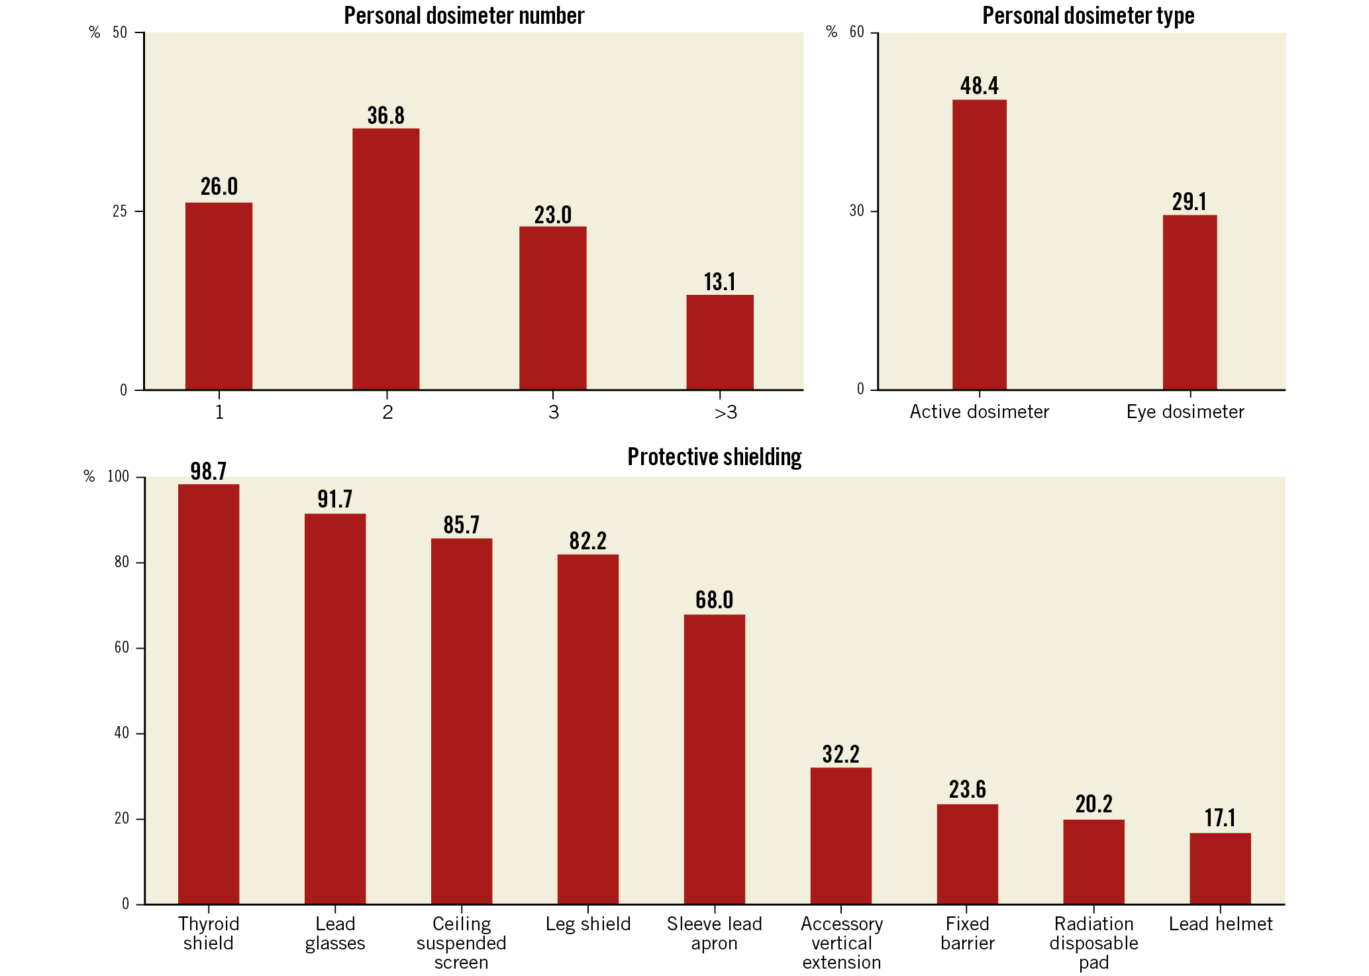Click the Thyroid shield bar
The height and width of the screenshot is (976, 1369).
point(209,694)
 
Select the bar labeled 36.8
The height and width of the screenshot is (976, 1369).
point(385,258)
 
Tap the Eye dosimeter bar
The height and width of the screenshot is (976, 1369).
point(1190,302)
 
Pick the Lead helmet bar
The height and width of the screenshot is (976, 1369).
point(1220,868)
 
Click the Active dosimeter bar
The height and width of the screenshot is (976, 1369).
point(979,244)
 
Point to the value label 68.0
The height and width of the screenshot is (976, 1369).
point(714,600)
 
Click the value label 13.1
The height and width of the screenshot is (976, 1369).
point(719,282)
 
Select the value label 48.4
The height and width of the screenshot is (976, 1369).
point(979,86)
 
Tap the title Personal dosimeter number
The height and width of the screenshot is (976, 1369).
point(464,16)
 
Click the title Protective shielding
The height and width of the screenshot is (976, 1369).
point(714,457)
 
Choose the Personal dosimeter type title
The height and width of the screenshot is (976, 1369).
point(1088,16)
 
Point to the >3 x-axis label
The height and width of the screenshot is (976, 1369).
point(725,413)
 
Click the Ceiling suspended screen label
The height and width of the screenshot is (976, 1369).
point(461,943)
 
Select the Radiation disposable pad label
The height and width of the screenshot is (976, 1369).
point(1093,943)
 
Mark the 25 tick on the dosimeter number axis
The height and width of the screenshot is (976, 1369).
point(120,211)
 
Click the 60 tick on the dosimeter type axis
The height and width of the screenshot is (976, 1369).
point(856,32)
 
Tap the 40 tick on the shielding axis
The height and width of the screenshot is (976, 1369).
point(122,733)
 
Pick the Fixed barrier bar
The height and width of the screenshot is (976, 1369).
point(967,854)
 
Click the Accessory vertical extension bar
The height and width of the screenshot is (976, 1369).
point(840,836)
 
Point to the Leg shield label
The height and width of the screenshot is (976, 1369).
point(587,924)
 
